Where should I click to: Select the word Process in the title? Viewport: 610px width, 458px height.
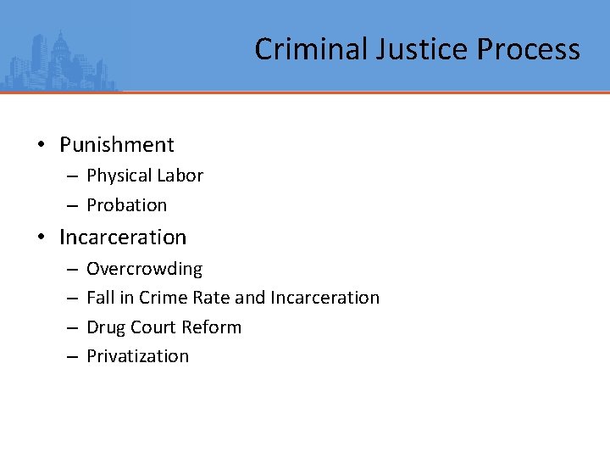(x=528, y=49)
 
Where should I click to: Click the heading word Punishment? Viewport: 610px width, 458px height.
(x=117, y=145)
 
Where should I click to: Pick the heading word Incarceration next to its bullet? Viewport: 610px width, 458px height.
(x=123, y=237)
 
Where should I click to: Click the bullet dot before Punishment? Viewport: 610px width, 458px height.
(x=41, y=145)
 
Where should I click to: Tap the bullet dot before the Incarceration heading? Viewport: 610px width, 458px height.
(x=41, y=237)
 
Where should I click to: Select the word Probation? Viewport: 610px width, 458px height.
(x=127, y=205)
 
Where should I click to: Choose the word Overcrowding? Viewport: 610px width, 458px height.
(x=145, y=269)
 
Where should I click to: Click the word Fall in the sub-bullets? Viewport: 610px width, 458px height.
(x=100, y=298)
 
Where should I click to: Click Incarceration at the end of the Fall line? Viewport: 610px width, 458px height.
(x=324, y=298)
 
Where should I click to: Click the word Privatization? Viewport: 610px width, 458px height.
(x=138, y=356)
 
